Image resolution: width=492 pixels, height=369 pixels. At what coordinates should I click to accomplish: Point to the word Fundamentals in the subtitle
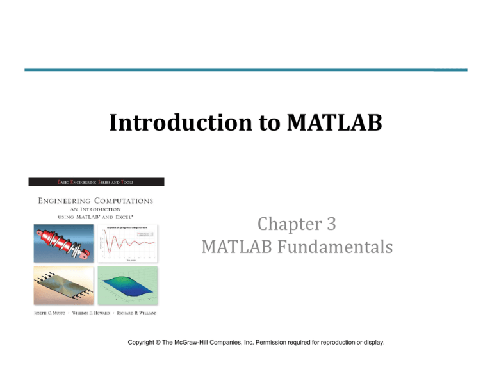[342, 245]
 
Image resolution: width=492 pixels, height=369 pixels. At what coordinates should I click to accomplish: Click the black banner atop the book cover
[95, 184]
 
